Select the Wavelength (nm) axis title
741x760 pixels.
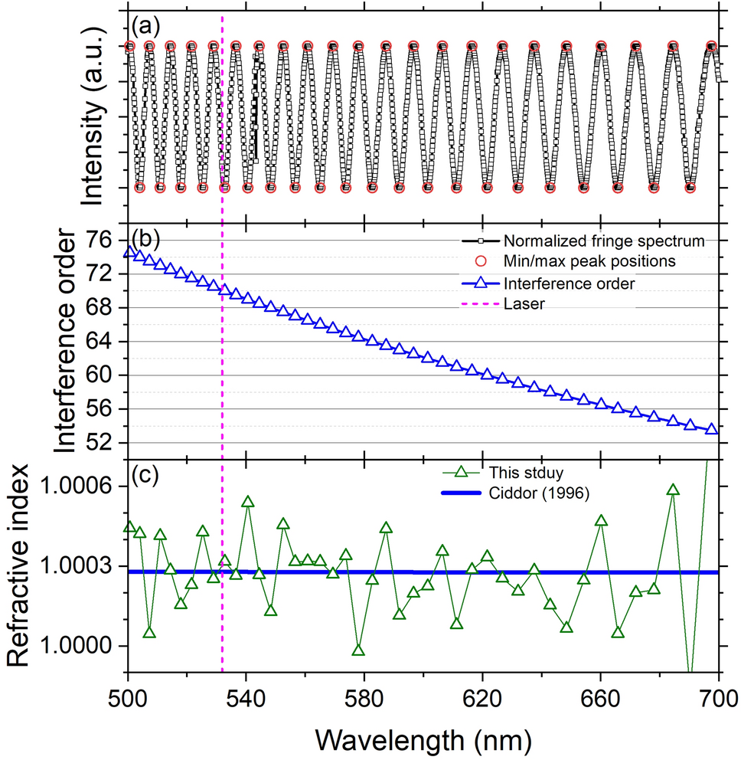click(423, 739)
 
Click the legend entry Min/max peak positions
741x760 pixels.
click(589, 261)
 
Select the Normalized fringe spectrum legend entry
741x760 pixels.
click(603, 241)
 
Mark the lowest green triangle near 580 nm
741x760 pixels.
click(357, 650)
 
